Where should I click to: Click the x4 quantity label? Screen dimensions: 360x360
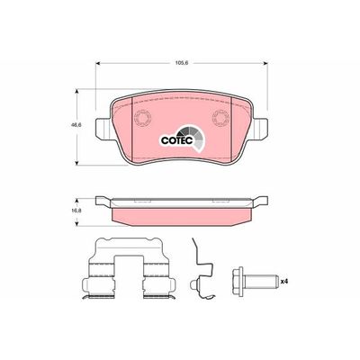coord(285,280)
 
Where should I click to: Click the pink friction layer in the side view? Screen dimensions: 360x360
coord(180,214)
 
